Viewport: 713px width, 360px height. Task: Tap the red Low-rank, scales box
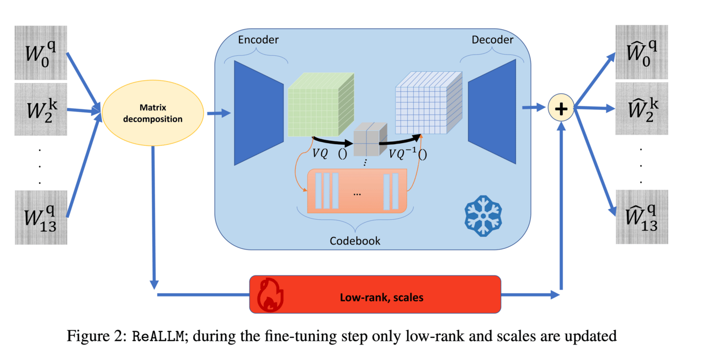(x=375, y=297)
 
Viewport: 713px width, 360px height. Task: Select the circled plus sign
(x=561, y=109)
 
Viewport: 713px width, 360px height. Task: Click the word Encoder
(x=258, y=40)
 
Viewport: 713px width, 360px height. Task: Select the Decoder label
(x=492, y=40)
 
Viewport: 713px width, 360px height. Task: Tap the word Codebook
(x=355, y=241)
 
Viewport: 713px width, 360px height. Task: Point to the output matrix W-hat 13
(x=641, y=216)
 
